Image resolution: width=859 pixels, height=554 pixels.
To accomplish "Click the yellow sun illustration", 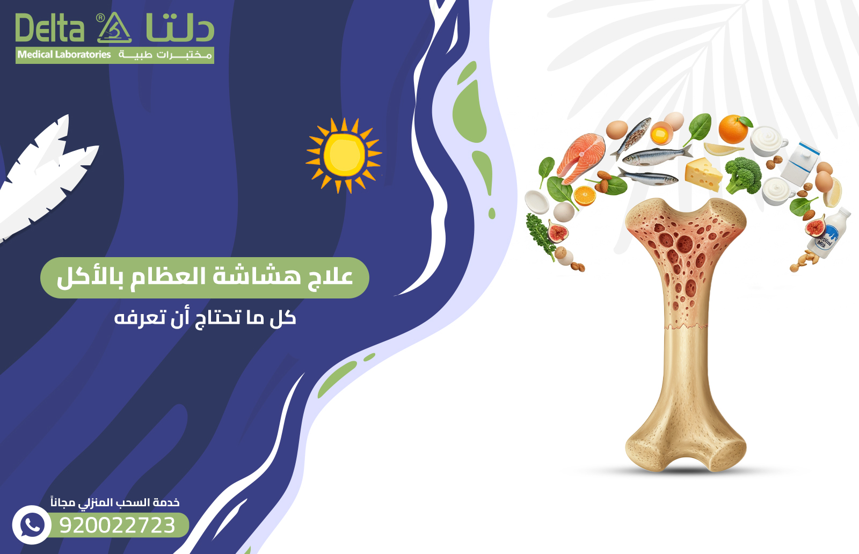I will (x=344, y=155).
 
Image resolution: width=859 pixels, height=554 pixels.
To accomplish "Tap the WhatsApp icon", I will (x=32, y=524).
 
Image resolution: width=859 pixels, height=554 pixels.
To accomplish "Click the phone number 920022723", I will (x=118, y=525).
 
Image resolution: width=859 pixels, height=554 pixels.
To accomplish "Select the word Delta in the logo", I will (x=49, y=28).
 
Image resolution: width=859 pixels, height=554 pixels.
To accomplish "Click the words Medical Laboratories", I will (x=64, y=55).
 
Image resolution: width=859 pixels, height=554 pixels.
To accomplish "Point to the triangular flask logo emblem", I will (x=114, y=28).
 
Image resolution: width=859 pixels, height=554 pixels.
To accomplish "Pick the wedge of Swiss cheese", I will (x=703, y=173).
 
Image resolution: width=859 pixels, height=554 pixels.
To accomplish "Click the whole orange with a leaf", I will (x=733, y=129).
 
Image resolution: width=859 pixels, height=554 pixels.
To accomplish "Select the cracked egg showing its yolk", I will (x=661, y=133).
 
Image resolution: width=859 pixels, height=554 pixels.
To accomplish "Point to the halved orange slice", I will (x=584, y=196).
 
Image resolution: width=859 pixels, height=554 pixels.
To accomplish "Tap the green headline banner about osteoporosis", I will (x=205, y=278).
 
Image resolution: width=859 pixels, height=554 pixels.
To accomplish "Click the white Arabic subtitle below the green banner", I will (x=205, y=318).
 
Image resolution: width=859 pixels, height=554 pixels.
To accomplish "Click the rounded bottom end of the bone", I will (x=686, y=446).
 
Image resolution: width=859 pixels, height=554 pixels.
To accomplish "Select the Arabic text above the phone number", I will (x=115, y=502).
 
